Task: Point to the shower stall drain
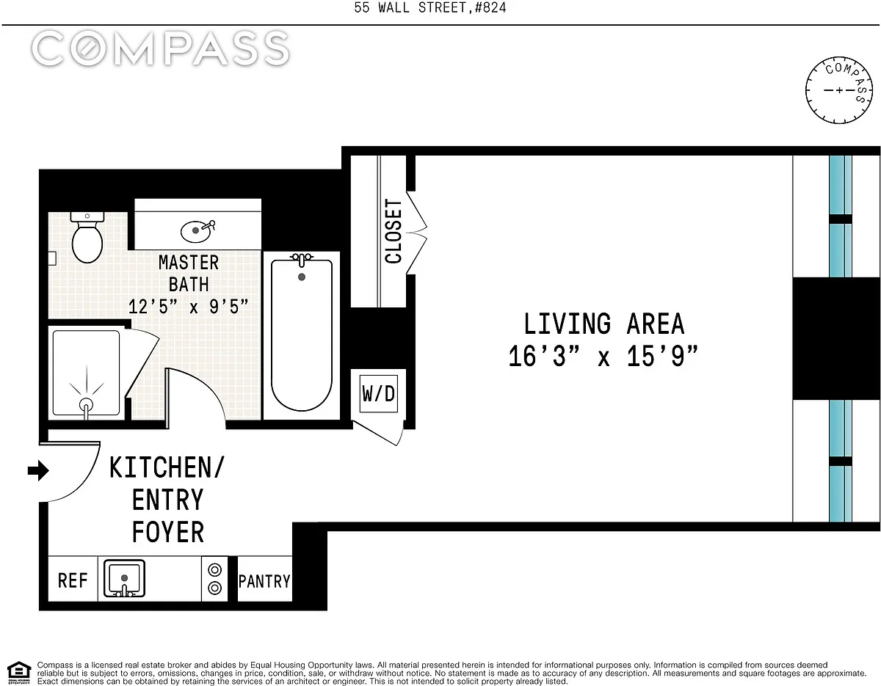86,404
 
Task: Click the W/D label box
379,393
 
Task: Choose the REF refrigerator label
73,580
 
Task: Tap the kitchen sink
124,579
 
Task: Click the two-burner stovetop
214,579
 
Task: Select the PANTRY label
264,582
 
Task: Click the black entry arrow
38,470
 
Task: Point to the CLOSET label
393,231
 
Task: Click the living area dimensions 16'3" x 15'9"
603,357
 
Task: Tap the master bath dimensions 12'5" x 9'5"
188,307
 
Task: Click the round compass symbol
839,90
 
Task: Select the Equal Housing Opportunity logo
19,673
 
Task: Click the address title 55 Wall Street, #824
430,7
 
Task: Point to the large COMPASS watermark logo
161,48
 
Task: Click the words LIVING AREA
604,324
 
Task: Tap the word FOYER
168,532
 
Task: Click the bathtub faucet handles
302,258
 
